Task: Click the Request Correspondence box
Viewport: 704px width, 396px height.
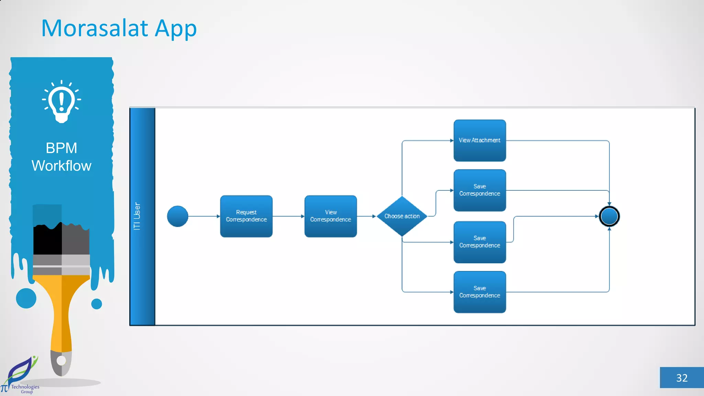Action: (x=246, y=216)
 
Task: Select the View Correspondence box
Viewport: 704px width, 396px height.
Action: (x=330, y=216)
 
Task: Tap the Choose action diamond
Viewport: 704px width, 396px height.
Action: (x=402, y=216)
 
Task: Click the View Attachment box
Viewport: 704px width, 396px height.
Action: (x=480, y=141)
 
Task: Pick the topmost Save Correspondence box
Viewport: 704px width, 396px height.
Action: (x=480, y=190)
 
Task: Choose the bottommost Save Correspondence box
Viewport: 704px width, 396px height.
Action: (x=480, y=292)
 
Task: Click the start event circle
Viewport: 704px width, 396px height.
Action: (x=177, y=216)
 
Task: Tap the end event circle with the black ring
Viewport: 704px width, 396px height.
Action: (x=609, y=216)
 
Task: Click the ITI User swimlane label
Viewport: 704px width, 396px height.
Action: (x=137, y=216)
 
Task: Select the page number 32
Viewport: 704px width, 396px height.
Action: (x=682, y=378)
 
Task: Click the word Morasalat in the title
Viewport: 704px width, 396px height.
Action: (x=95, y=28)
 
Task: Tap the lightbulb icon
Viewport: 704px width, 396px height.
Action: (x=62, y=101)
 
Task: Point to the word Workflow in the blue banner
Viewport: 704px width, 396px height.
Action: (x=62, y=166)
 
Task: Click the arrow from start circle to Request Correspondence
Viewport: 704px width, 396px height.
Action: (x=204, y=216)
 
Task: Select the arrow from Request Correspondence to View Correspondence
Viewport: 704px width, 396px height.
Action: (x=288, y=216)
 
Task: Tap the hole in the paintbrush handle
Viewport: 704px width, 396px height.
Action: (x=61, y=361)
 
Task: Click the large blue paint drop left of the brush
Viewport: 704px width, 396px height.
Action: (x=26, y=298)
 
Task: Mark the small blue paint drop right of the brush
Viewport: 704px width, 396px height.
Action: (x=97, y=304)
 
